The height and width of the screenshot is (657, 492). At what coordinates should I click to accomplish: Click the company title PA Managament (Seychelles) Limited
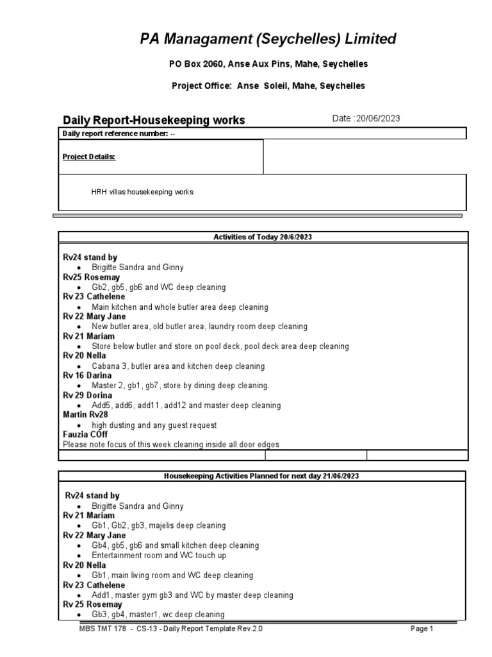(x=268, y=39)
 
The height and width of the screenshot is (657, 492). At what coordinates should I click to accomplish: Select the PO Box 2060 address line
(x=268, y=65)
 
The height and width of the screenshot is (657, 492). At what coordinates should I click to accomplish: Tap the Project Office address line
(x=268, y=85)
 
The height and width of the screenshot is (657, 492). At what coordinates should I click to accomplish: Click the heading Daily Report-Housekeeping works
(x=154, y=120)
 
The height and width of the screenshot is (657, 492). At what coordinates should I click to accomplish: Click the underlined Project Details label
(x=88, y=157)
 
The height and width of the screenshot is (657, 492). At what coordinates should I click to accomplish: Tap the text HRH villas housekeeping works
(x=142, y=192)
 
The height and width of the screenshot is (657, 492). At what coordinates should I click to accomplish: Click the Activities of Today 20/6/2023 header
(x=263, y=237)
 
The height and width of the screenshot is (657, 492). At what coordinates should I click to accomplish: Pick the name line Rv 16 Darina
(x=86, y=375)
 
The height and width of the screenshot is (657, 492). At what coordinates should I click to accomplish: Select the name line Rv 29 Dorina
(x=87, y=395)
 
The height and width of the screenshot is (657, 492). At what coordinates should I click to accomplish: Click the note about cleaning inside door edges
(x=171, y=445)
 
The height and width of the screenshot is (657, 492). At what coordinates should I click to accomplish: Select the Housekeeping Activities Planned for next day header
(x=263, y=475)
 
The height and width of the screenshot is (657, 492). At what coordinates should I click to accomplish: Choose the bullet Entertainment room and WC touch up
(x=172, y=555)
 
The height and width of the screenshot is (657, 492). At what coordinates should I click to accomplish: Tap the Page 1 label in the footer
(x=422, y=629)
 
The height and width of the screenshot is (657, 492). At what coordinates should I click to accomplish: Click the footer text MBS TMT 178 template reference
(x=168, y=629)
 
